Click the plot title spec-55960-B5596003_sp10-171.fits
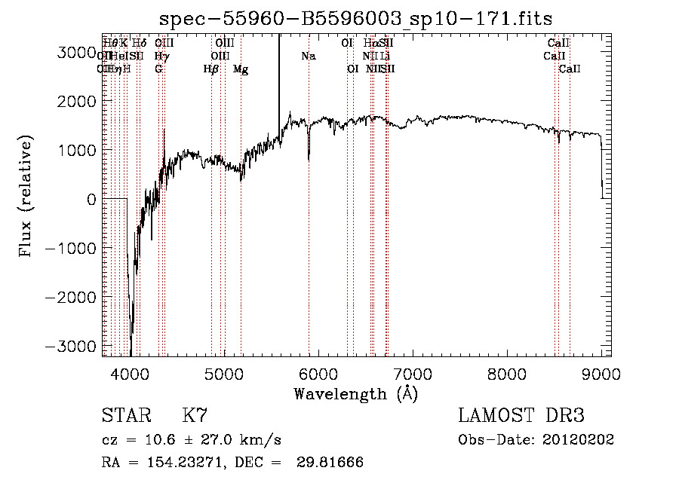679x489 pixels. [362, 20]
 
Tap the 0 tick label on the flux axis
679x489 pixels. [91, 199]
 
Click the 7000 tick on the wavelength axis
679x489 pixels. [412, 373]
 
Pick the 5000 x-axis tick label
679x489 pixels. [224, 373]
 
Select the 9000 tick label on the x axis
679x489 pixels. [601, 373]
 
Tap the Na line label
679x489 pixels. [308, 56]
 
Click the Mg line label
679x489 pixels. [241, 69]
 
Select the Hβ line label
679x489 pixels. [211, 69]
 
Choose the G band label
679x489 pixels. [158, 69]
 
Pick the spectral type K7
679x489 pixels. [195, 417]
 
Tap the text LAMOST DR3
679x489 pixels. [521, 417]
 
